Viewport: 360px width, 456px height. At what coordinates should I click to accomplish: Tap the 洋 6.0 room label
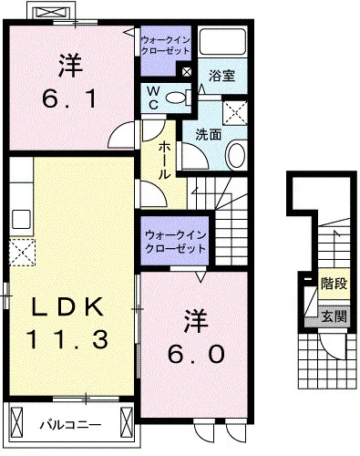tap(191, 338)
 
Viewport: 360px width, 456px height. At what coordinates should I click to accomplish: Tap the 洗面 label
tap(207, 134)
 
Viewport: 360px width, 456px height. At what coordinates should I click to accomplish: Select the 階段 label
tap(334, 285)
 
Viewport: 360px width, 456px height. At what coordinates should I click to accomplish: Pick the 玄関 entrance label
tap(334, 316)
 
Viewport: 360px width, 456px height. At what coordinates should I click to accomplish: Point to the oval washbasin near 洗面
tap(234, 154)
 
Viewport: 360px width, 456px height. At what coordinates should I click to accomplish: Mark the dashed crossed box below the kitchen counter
tap(21, 250)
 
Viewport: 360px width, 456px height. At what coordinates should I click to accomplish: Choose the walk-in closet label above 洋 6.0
tap(176, 243)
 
